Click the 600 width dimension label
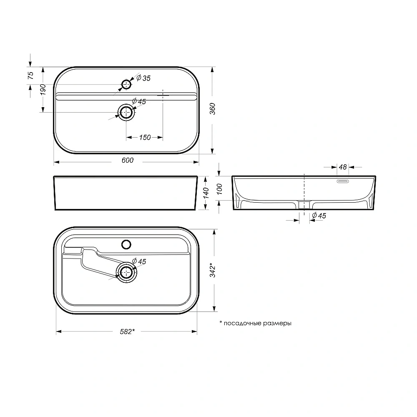[128, 161]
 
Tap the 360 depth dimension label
[213, 110]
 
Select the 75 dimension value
[30, 75]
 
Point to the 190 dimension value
[43, 90]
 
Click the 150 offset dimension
[145, 138]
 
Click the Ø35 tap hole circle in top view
[126, 85]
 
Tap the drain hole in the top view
[126, 112]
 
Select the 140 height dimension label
[205, 193]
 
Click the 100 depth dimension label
[221, 189]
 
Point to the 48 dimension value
[343, 167]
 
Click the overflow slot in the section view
[343, 181]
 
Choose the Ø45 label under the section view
[319, 216]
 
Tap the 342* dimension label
[213, 270]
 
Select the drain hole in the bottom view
[126, 273]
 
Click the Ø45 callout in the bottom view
[139, 261]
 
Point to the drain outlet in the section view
[305, 204]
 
